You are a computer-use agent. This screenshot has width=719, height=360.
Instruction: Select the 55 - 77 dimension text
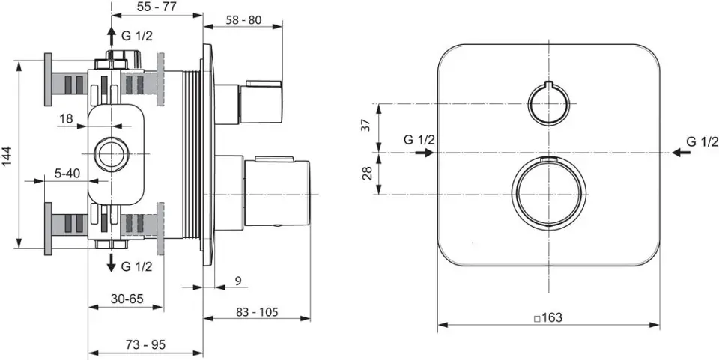coord(157,6)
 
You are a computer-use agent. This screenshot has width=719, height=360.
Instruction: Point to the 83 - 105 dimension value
coord(257,312)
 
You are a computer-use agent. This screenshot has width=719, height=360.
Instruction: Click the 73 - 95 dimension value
coord(145,344)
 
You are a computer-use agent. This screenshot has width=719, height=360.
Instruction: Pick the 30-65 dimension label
coord(127,299)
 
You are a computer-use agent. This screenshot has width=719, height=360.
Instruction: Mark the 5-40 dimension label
coord(67,173)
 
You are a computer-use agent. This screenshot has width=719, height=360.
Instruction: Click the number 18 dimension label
coord(66,118)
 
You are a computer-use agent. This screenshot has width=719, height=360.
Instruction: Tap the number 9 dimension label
coord(238,281)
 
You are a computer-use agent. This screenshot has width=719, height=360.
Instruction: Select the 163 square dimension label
coord(548,317)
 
